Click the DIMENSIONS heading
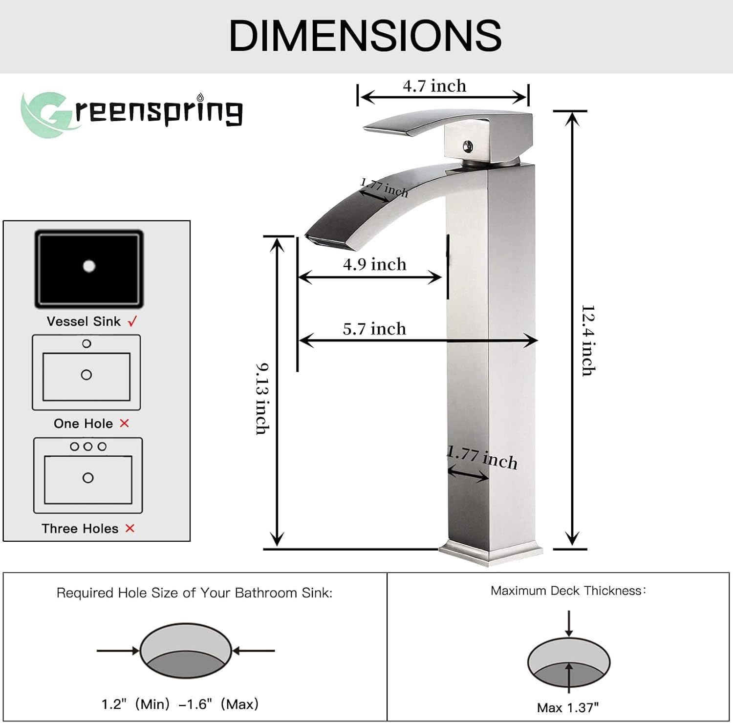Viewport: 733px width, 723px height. [x=366, y=36]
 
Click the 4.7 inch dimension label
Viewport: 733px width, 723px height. [x=434, y=86]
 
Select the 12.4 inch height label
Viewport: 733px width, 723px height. [x=588, y=340]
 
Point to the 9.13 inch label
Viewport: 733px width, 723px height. [x=263, y=399]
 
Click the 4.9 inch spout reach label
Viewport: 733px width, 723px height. [x=375, y=264]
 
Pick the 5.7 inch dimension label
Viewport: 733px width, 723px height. [x=374, y=329]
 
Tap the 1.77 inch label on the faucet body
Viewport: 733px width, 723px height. [x=482, y=458]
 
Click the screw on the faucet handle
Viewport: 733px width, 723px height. [x=468, y=146]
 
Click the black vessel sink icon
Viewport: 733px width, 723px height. [x=89, y=269]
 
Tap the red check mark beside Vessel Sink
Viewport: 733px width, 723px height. [x=132, y=321]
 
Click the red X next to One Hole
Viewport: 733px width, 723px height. [x=125, y=423]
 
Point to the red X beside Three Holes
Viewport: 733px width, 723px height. [x=129, y=528]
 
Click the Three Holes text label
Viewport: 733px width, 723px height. [x=80, y=529]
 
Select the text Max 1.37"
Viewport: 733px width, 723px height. [x=568, y=707]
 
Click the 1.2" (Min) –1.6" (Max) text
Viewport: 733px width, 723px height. [x=180, y=704]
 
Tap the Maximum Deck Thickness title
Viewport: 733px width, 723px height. [x=568, y=591]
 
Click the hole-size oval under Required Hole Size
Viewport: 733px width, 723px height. [x=186, y=650]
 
